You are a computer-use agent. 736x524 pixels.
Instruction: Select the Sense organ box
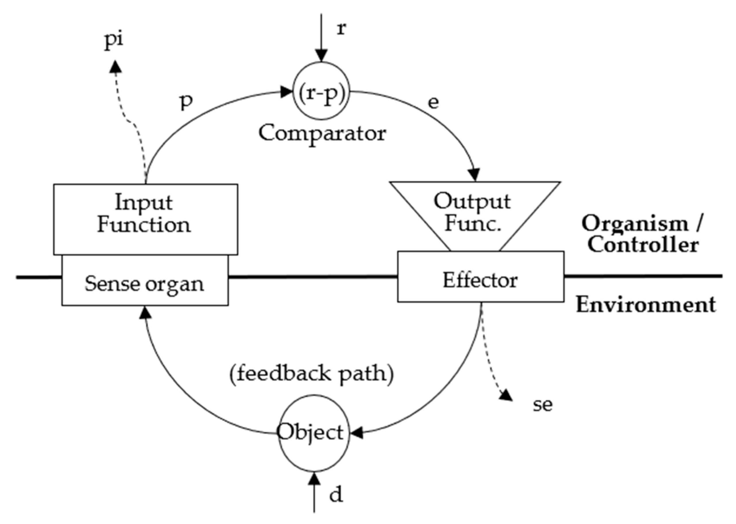click(x=145, y=284)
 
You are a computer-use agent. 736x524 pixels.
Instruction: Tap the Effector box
click(x=480, y=280)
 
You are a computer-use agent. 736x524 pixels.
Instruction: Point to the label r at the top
click(x=341, y=29)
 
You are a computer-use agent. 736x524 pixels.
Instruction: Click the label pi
click(x=114, y=40)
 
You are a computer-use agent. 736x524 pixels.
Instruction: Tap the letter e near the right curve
click(x=433, y=103)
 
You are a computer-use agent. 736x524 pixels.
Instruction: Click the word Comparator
click(x=322, y=133)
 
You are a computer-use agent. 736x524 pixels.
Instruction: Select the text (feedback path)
click(x=312, y=374)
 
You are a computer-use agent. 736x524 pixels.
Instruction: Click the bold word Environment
click(x=646, y=305)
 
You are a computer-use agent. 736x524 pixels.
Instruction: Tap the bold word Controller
click(x=643, y=245)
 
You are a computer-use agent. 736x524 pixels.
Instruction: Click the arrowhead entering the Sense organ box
click(x=145, y=312)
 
